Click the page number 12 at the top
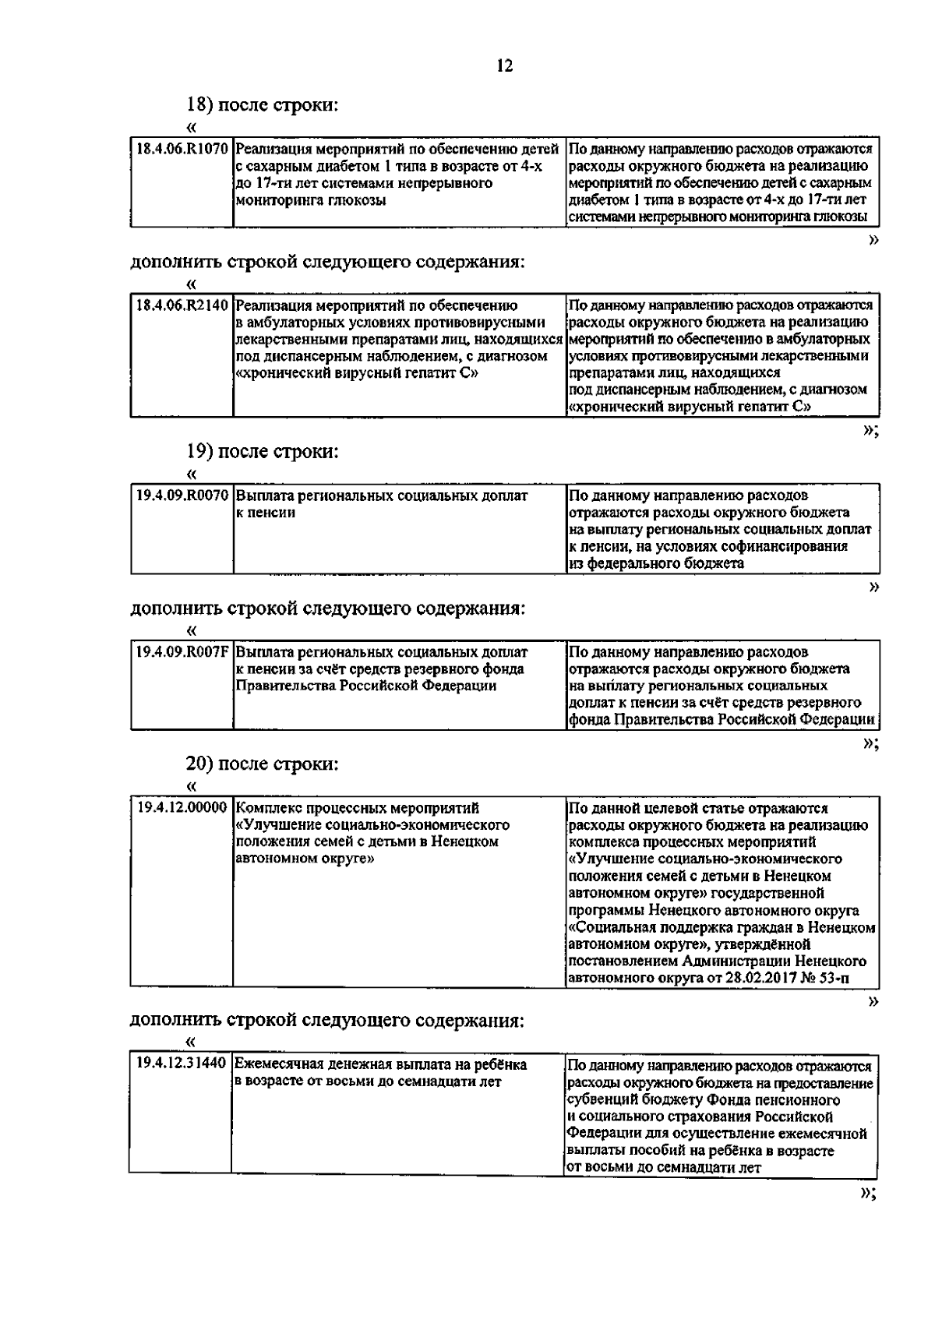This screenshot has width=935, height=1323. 504,66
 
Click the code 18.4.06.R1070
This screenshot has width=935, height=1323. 181,148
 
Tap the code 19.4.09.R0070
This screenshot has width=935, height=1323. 182,496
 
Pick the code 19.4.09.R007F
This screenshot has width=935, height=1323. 182,652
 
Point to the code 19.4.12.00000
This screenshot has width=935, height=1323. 182,808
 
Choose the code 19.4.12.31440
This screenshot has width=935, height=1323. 181,1064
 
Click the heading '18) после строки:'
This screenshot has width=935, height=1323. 262,104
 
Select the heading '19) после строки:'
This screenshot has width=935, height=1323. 262,451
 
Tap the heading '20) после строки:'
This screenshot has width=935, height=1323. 262,764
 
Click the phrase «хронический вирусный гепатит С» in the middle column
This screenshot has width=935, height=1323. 356,373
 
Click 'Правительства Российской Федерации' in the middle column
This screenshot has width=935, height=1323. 365,686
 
